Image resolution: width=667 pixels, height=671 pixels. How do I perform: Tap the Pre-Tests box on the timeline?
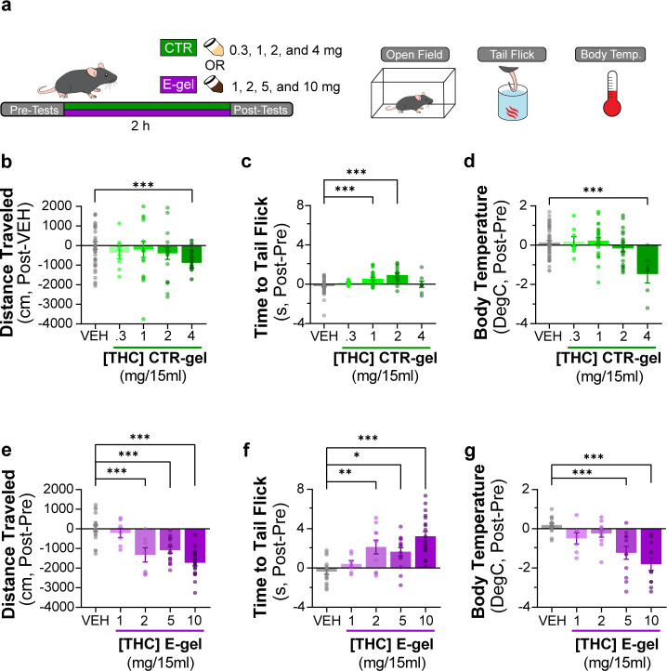coord(33,110)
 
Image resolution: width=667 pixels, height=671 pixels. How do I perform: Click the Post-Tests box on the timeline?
coord(262,110)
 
